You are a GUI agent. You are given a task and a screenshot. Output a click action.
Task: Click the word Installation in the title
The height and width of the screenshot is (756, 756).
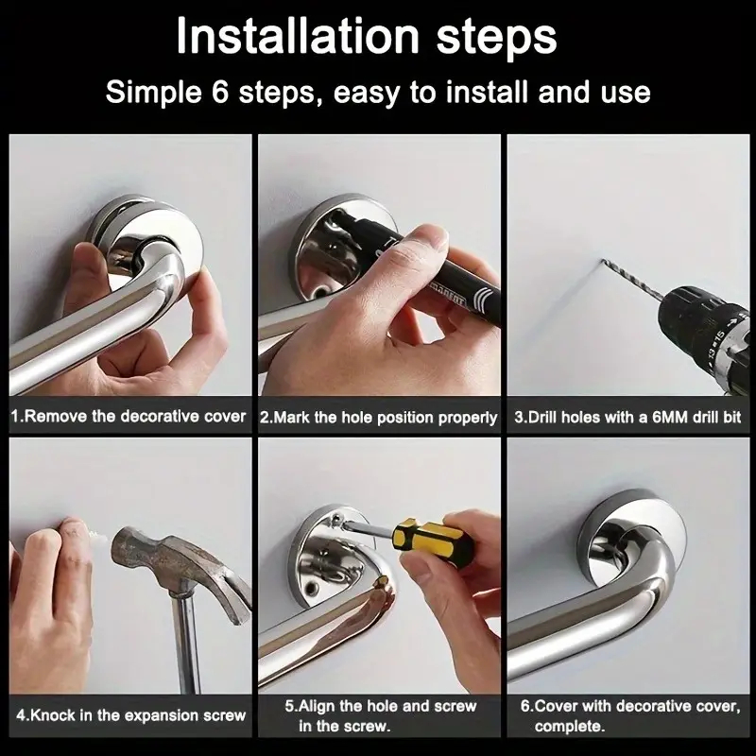[x=298, y=36]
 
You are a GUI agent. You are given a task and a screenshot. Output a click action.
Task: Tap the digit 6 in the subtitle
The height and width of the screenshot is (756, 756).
[x=219, y=92]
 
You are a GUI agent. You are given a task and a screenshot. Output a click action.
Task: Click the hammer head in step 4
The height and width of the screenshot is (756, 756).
[x=180, y=570]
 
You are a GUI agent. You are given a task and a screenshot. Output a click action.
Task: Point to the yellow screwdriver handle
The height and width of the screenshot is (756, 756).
[x=432, y=539]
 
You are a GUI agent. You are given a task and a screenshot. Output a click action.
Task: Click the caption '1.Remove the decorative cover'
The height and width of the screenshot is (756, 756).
[x=129, y=416]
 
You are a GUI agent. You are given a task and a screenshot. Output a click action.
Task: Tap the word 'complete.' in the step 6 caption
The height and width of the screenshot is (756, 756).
[x=570, y=726]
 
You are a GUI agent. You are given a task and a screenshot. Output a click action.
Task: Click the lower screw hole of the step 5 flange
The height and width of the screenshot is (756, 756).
[x=312, y=588]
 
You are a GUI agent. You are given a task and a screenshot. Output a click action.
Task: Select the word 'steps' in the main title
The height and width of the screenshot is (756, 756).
[x=497, y=38]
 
